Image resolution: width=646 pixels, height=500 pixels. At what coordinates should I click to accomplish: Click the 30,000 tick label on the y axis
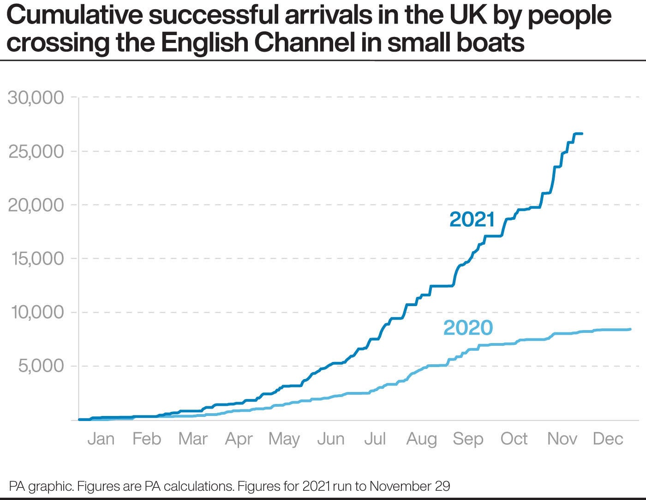[36, 98]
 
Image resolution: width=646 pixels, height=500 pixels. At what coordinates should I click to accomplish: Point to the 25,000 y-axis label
[36, 151]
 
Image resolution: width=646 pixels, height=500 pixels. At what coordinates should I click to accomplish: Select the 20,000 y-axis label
[36, 205]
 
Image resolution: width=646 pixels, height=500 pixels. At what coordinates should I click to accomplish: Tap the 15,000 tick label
[36, 259]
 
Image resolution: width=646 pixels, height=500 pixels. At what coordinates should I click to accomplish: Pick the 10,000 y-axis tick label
[36, 313]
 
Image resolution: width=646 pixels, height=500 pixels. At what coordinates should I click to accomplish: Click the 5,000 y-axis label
[41, 366]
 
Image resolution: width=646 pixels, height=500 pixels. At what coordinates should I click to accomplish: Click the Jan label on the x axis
[101, 439]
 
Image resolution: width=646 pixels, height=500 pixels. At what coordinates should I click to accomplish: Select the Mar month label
[193, 439]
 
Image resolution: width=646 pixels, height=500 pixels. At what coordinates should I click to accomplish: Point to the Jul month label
[375, 439]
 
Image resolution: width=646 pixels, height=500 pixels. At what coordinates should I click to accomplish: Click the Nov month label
[562, 439]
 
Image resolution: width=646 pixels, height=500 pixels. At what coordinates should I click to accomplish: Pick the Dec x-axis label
[608, 439]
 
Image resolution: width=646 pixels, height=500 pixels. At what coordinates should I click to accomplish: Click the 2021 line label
[472, 219]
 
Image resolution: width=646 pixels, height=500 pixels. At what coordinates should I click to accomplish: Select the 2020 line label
[468, 328]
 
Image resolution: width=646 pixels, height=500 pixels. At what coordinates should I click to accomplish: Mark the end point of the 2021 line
[582, 134]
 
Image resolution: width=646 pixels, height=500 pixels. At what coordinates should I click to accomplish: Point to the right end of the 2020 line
[630, 329]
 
